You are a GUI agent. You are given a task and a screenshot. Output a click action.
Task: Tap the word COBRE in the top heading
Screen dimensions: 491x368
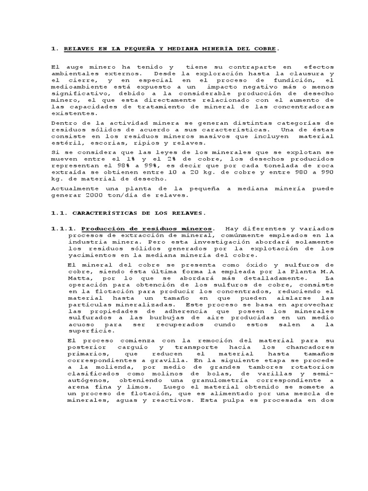coord(265,48)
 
